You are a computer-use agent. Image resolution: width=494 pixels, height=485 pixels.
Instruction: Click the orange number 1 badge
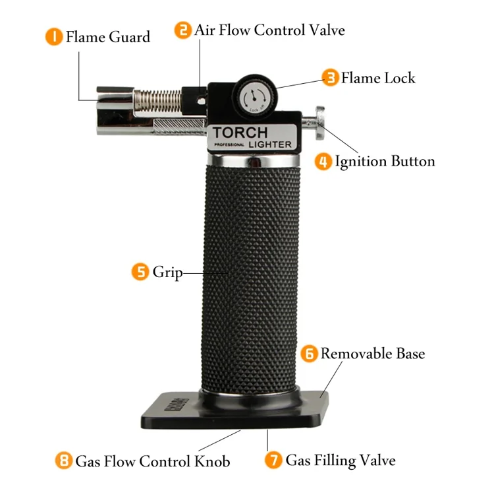pos(53,36)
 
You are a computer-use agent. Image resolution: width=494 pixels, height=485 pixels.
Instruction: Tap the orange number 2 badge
pos(182,30)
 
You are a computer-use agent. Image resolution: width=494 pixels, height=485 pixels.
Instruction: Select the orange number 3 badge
pos(330,78)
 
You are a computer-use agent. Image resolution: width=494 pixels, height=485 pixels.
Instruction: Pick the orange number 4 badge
pos(323,161)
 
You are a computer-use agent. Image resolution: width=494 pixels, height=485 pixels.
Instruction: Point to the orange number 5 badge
pos(140,272)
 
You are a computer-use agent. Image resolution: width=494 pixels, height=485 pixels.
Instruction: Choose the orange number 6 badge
pos(309,354)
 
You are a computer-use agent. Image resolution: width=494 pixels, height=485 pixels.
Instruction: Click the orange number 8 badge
pos(63,461)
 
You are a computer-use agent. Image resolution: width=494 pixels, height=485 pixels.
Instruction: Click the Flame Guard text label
pos(108,36)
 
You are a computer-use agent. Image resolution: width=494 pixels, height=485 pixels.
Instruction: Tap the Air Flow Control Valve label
pos(269,30)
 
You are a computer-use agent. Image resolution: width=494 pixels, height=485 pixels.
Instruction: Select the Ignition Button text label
pos(385,161)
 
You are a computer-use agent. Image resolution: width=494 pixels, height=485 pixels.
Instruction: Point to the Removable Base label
pos(373,354)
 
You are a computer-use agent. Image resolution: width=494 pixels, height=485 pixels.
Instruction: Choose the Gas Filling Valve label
pos(341,460)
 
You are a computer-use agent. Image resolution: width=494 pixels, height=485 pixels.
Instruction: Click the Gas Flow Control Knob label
pos(153,461)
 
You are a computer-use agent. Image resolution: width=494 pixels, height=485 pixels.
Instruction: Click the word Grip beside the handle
pos(167,272)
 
